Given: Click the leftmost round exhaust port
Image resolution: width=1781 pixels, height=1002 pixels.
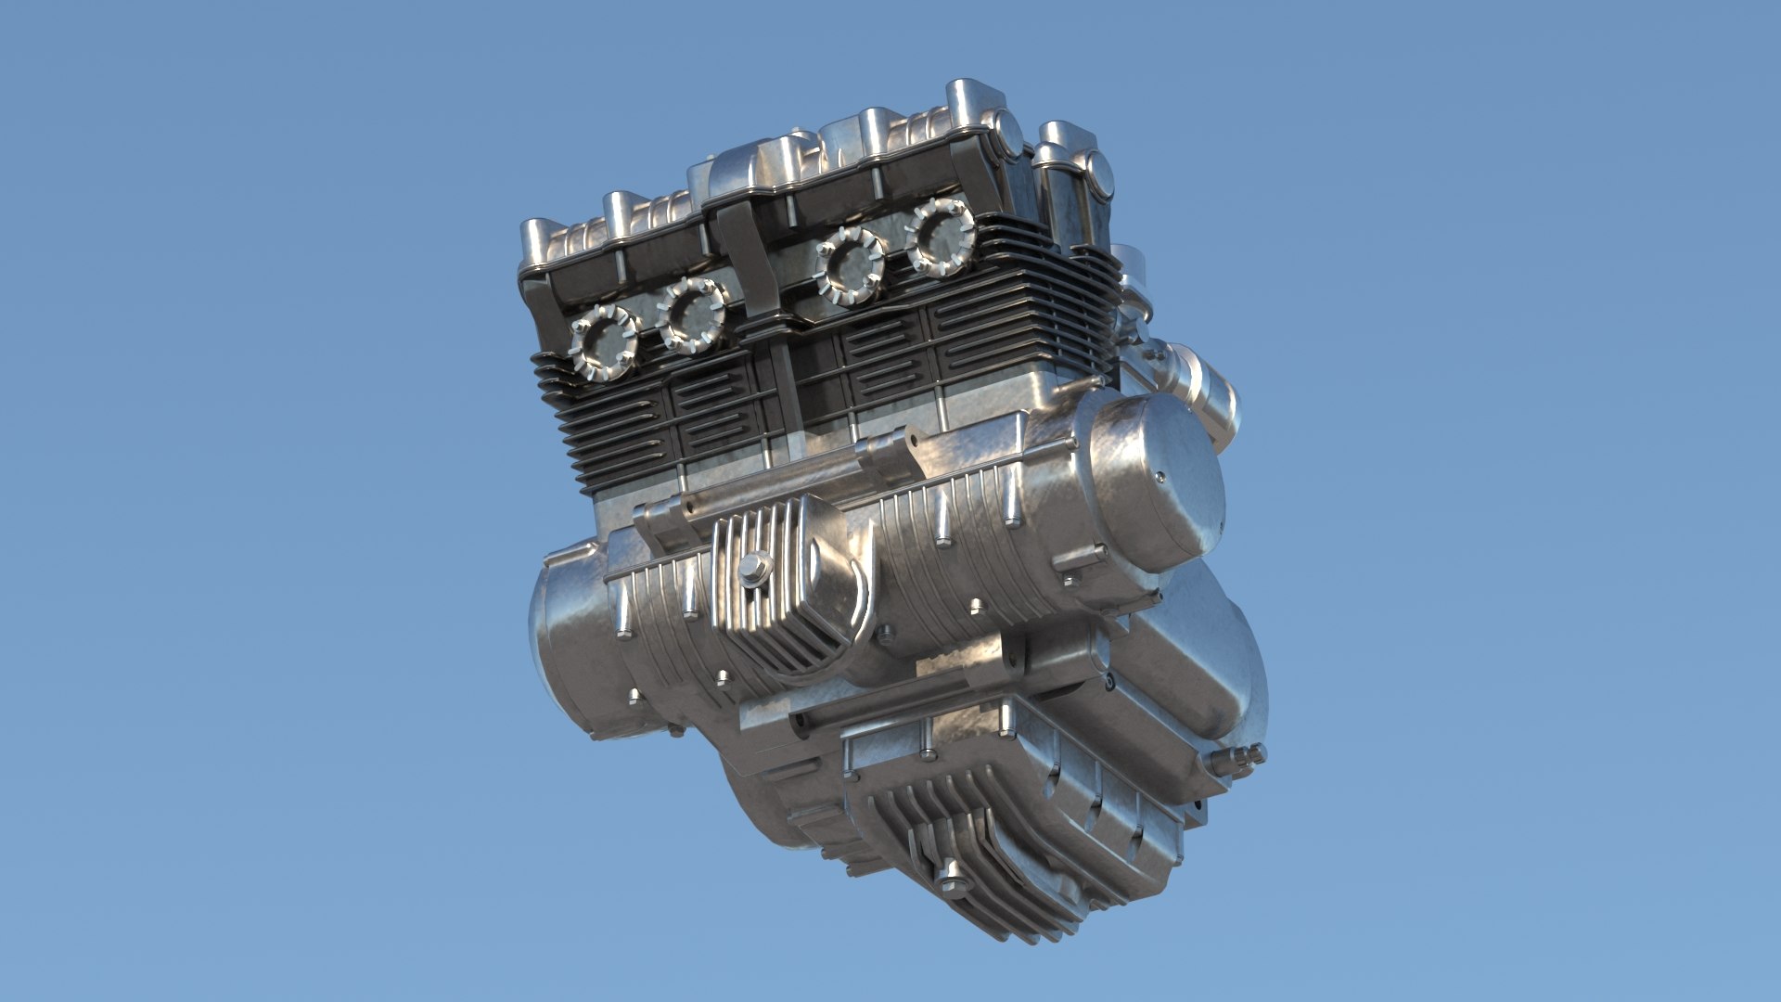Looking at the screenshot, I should coord(603,342).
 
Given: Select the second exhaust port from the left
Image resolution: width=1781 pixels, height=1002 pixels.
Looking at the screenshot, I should coord(691,315).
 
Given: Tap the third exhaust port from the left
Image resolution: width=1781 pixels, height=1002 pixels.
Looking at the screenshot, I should coord(850,264).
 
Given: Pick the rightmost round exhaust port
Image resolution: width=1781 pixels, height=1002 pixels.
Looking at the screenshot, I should coord(940,236).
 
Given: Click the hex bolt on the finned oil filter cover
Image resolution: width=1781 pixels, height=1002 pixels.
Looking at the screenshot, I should coord(754,569).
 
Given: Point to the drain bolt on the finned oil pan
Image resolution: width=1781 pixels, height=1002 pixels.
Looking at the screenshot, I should coord(952,876).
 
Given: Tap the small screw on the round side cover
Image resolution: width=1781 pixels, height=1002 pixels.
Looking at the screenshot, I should coord(1160,479).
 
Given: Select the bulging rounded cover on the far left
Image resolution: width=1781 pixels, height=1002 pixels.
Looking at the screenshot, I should coord(566,640).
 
